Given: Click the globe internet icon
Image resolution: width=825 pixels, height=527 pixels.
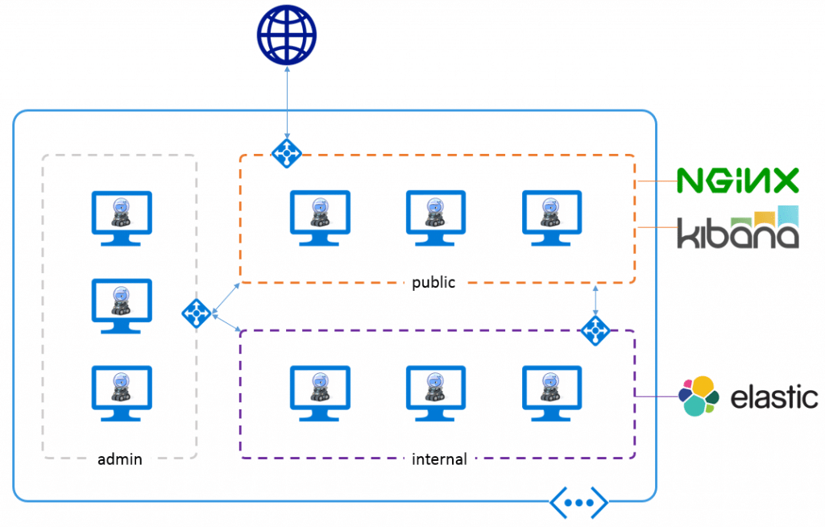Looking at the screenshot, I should (x=286, y=35).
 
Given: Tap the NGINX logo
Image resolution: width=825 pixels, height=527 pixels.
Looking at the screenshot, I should (x=737, y=181).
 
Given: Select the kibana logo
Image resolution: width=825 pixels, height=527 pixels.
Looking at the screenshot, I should (x=737, y=229).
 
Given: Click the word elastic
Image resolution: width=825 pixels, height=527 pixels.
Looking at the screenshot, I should (x=774, y=397).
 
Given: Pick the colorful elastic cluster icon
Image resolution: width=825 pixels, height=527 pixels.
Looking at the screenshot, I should (x=699, y=396).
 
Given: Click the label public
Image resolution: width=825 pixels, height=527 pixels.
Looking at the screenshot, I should (x=433, y=283).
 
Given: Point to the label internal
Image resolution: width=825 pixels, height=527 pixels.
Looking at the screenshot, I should (x=439, y=459).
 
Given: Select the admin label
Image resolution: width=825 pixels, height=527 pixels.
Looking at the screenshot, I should (x=120, y=459).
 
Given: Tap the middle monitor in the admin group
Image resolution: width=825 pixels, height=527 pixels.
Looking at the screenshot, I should (x=121, y=305).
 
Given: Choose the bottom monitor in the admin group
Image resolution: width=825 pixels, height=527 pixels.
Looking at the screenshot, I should (x=121, y=392).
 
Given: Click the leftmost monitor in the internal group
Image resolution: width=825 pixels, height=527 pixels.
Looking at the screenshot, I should (x=320, y=392).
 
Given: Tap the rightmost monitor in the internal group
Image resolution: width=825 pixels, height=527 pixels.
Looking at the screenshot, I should (x=552, y=392).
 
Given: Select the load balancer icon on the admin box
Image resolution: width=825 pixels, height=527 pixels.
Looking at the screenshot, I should (x=197, y=313).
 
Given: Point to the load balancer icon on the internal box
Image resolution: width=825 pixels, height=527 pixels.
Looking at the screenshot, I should (x=595, y=329).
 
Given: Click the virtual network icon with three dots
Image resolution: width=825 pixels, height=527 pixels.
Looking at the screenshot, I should (x=578, y=502).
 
